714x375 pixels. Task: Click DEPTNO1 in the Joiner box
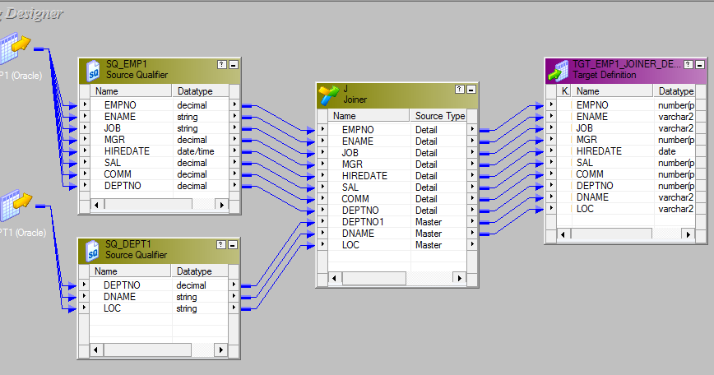coord(363,222)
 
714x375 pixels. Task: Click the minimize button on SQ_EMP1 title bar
coord(234,64)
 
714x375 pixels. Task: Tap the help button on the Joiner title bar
coord(459,89)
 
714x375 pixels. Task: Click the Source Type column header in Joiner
coord(439,116)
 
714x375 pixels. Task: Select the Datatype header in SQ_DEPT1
coord(194,271)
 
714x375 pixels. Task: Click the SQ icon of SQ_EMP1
coord(93,70)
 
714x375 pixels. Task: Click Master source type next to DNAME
coord(428,234)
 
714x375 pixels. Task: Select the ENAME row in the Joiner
coord(357,141)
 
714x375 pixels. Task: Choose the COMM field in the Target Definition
coord(589,174)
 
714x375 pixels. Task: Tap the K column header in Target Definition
coord(564,91)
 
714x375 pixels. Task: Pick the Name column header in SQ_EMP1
coord(107,90)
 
